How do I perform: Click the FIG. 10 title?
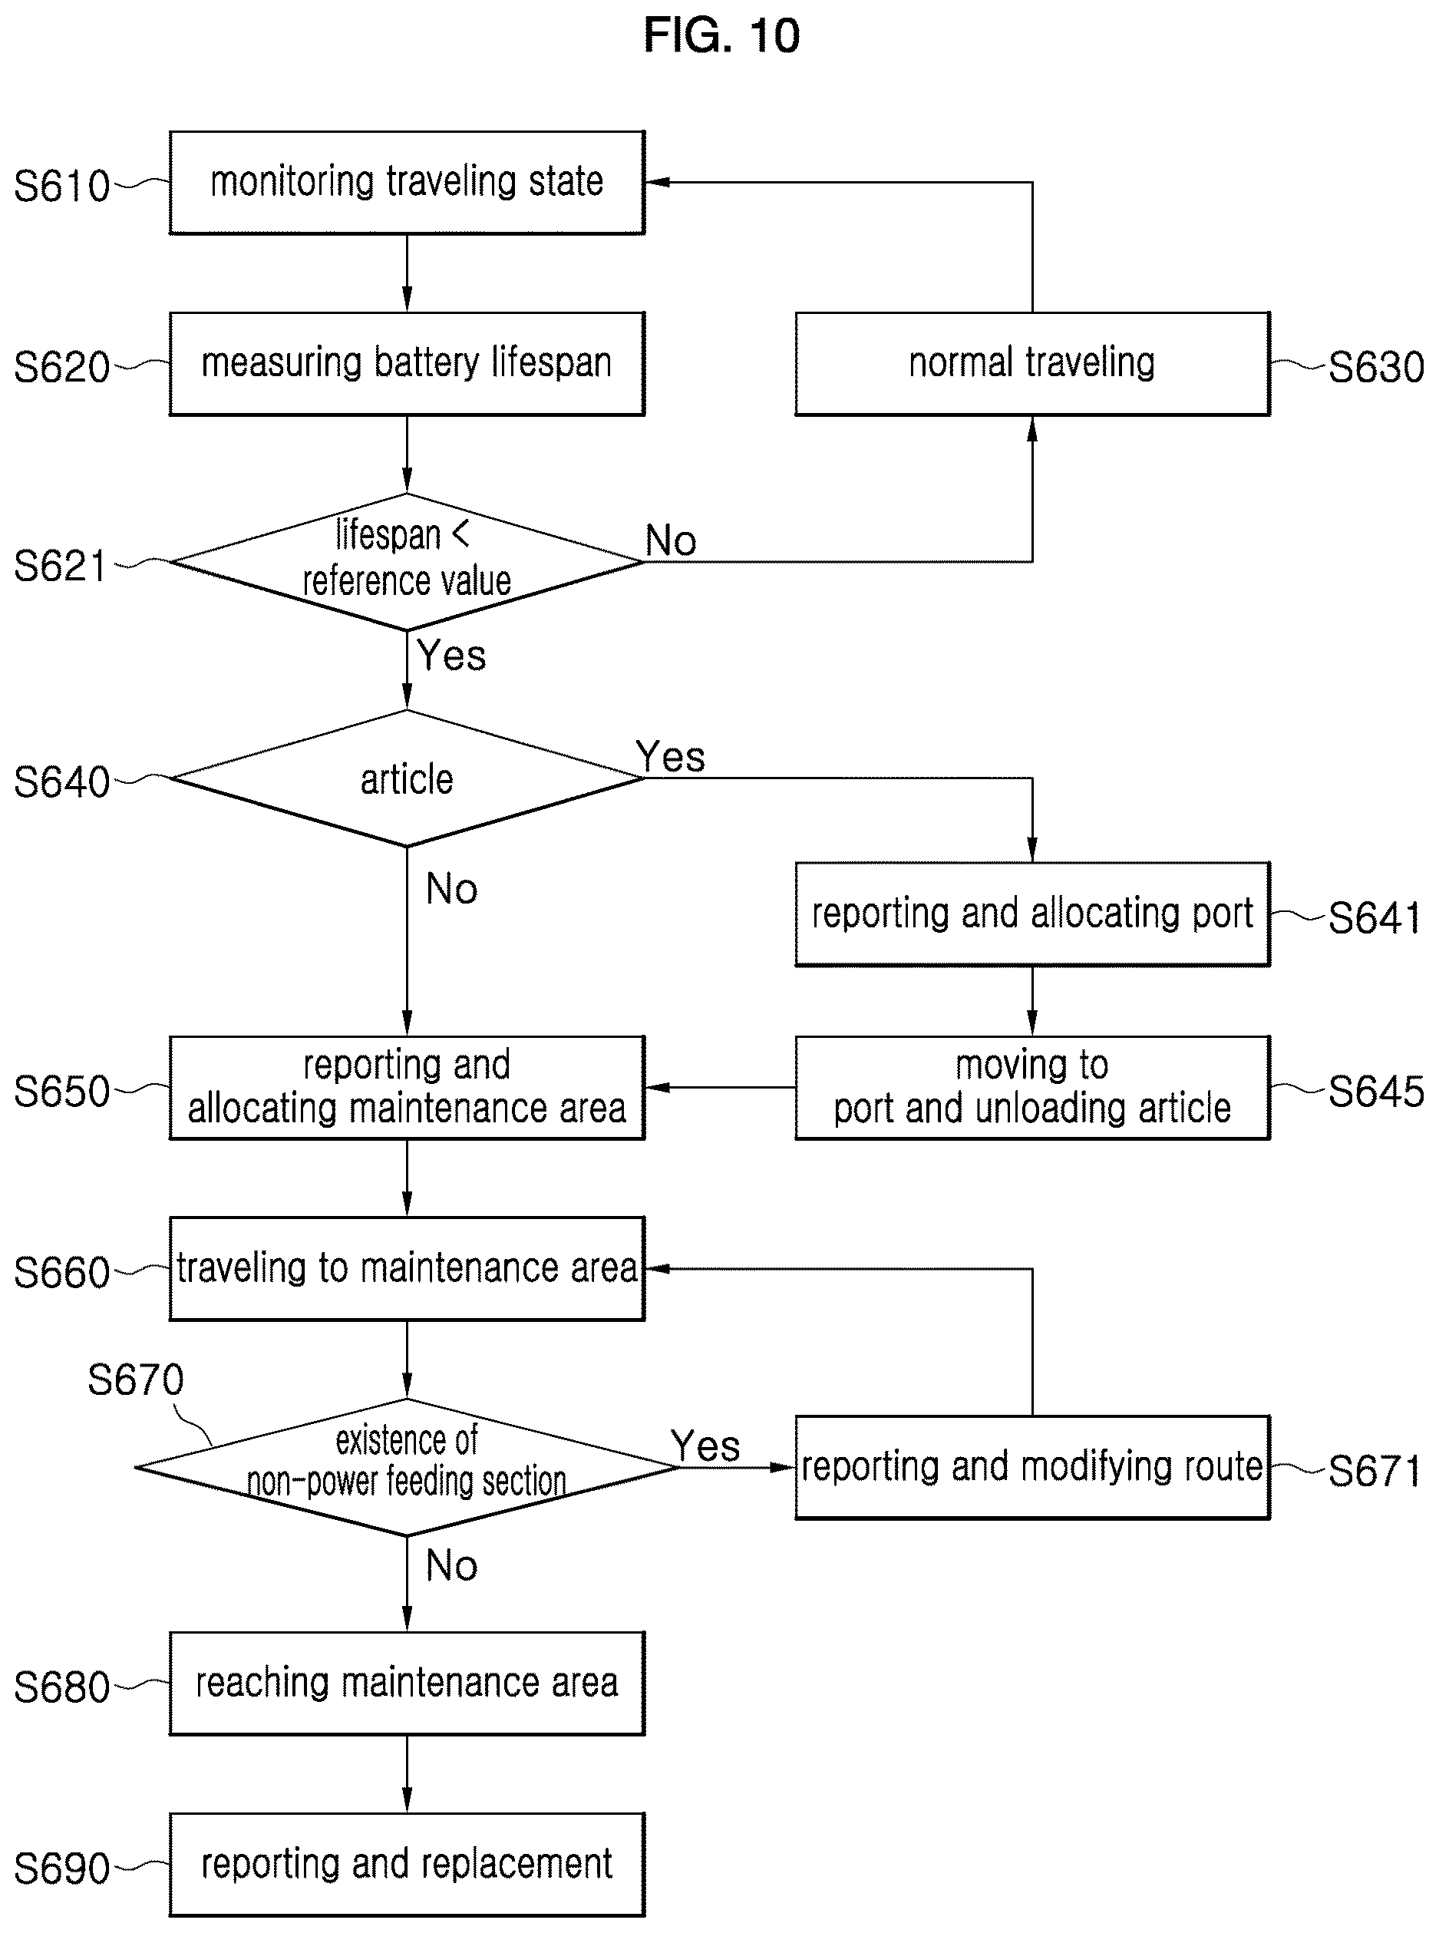(721, 36)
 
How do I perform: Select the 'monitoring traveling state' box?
(407, 183)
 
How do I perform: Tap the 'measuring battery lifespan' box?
(407, 363)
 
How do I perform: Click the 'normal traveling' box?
(1032, 363)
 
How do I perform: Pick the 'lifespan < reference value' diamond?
(407, 562)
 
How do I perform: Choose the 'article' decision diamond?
(407, 778)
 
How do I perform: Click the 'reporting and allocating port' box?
(1032, 914)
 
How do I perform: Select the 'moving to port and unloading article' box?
(1032, 1087)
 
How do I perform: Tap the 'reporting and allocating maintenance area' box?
(407, 1087)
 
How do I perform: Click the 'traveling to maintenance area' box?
(407, 1268)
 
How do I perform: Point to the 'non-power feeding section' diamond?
(407, 1467)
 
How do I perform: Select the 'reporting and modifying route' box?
(1032, 1467)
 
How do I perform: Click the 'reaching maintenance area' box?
(407, 1683)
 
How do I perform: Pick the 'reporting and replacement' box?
(407, 1864)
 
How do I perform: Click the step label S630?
(1376, 367)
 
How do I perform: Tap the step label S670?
(136, 1380)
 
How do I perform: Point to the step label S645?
(1376, 1091)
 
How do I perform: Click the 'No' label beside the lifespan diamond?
(671, 540)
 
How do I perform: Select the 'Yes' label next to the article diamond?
(670, 756)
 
